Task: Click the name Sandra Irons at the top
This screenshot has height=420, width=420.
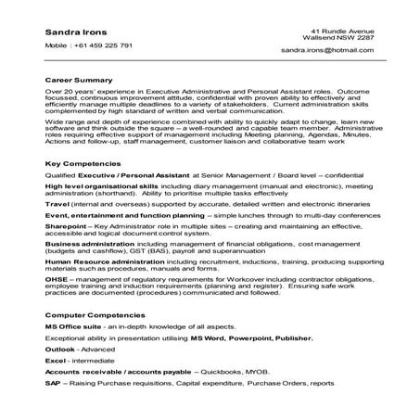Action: tap(72, 32)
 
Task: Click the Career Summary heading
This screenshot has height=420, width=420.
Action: tap(76, 80)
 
